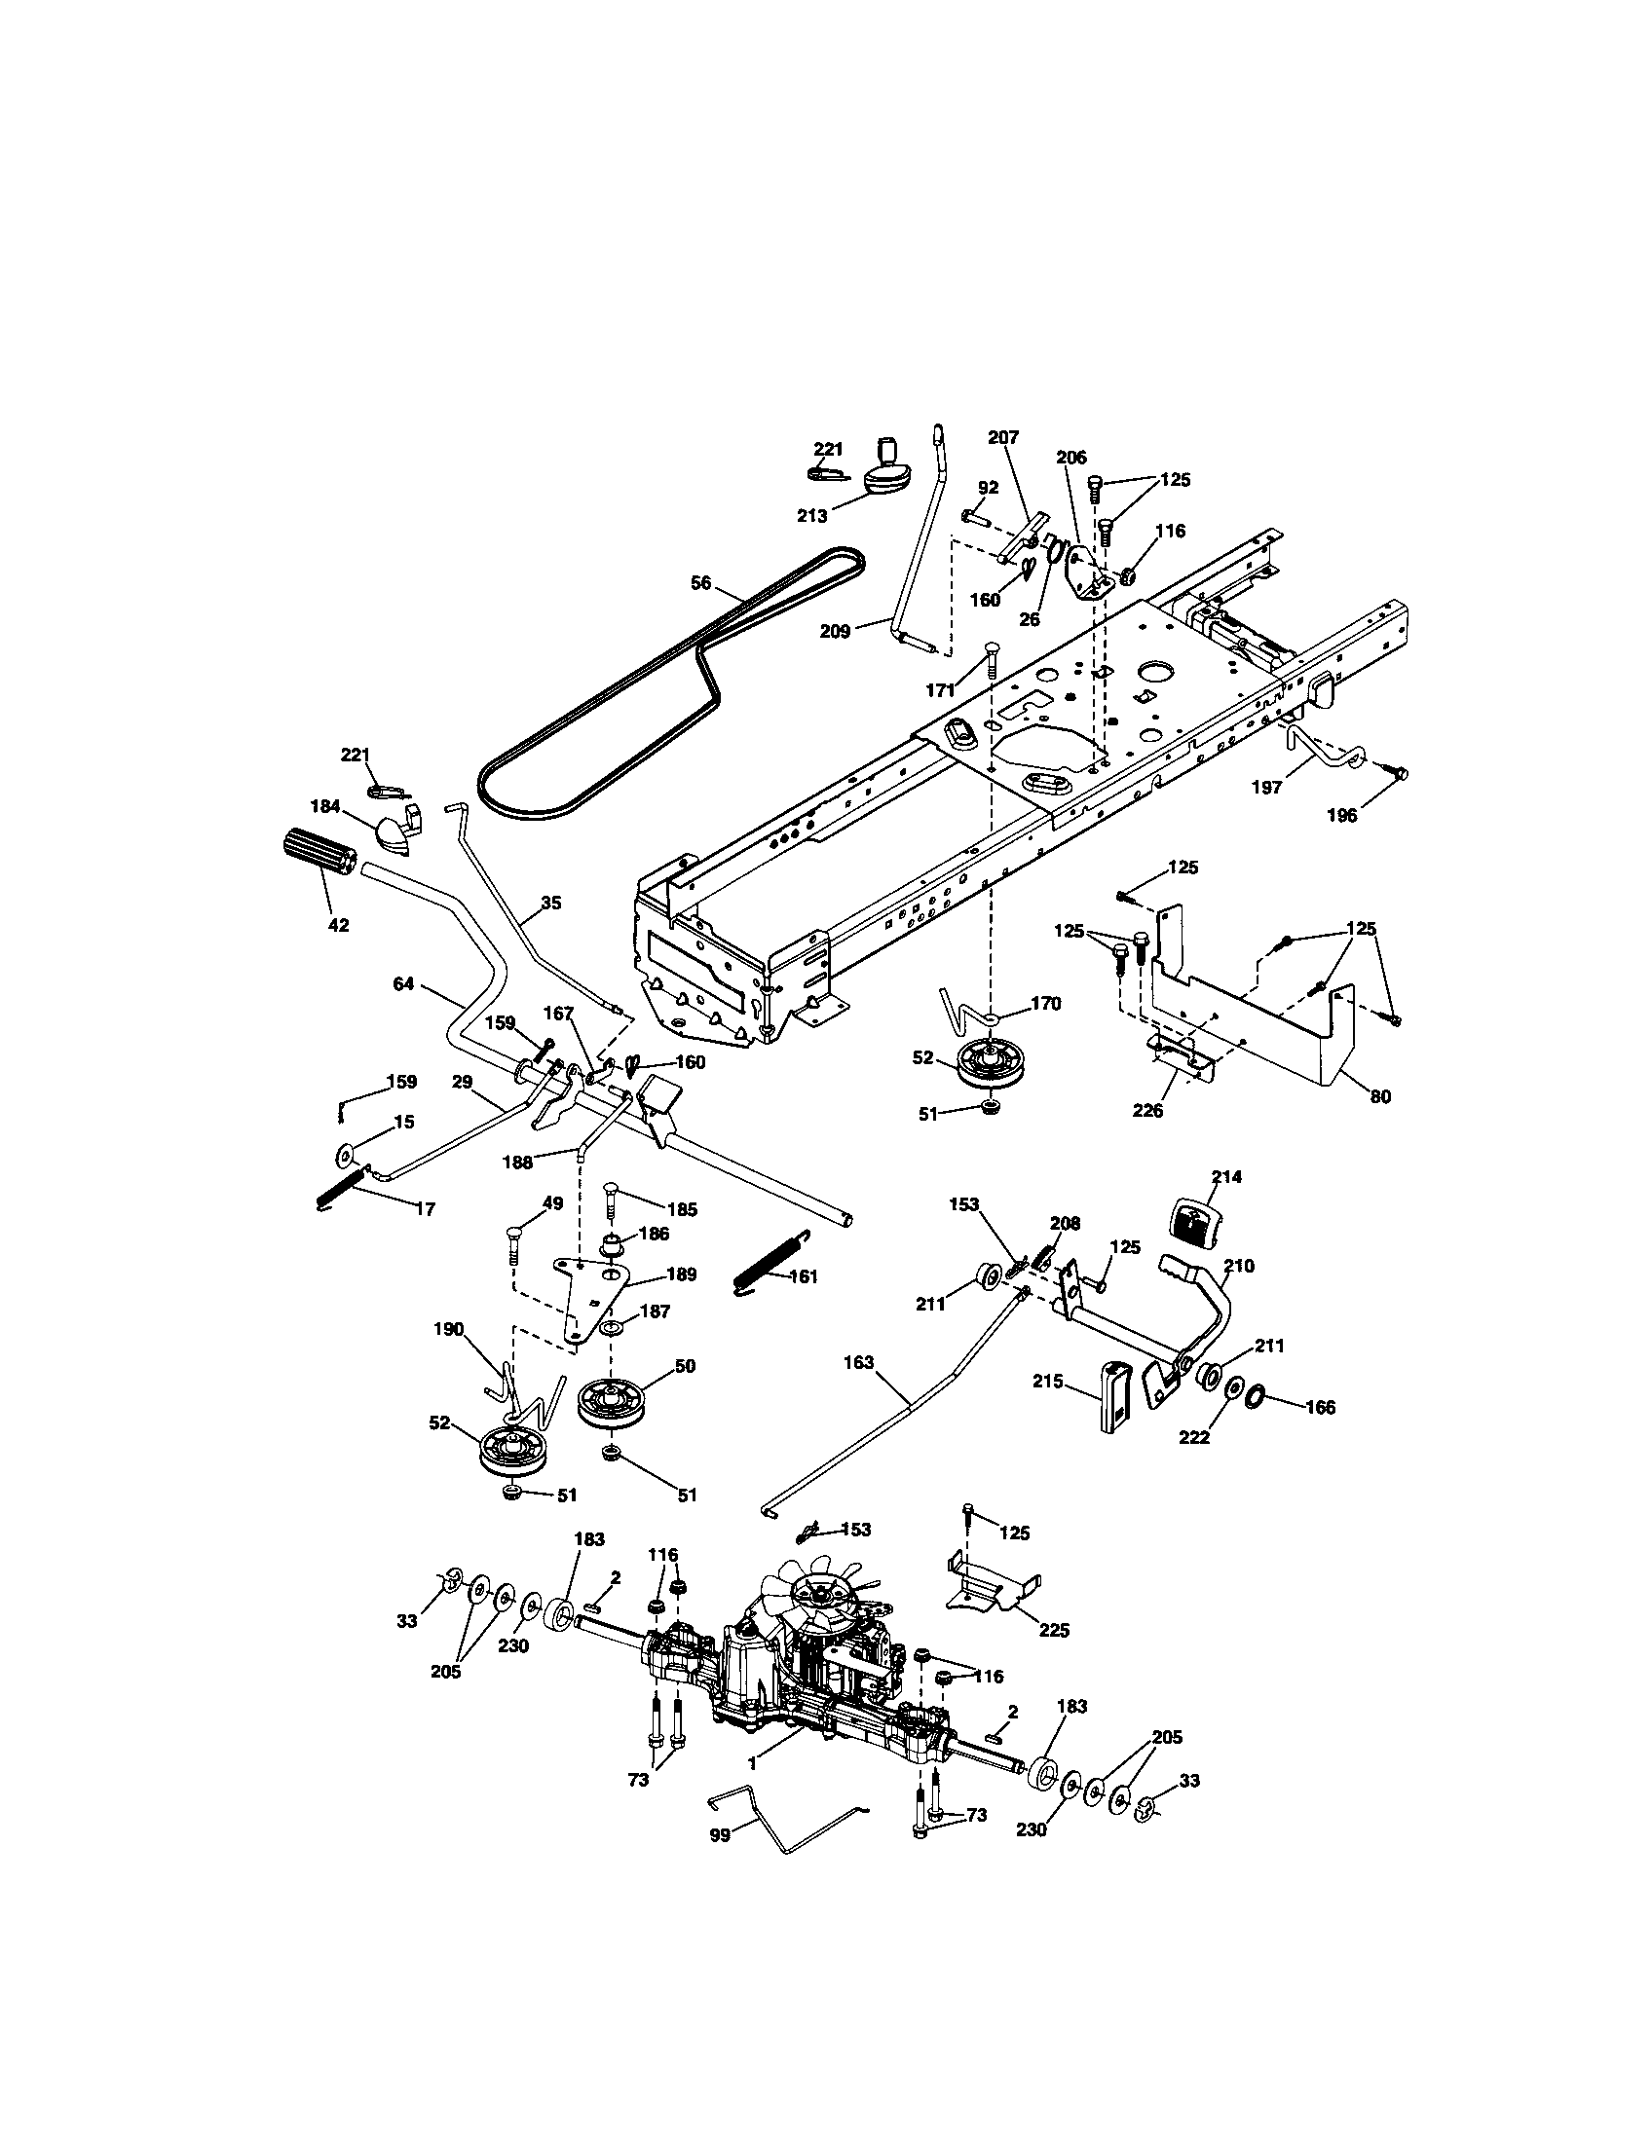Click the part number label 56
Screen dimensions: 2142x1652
click(700, 581)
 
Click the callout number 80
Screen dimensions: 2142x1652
click(1380, 1097)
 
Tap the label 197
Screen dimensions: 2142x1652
click(1267, 787)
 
